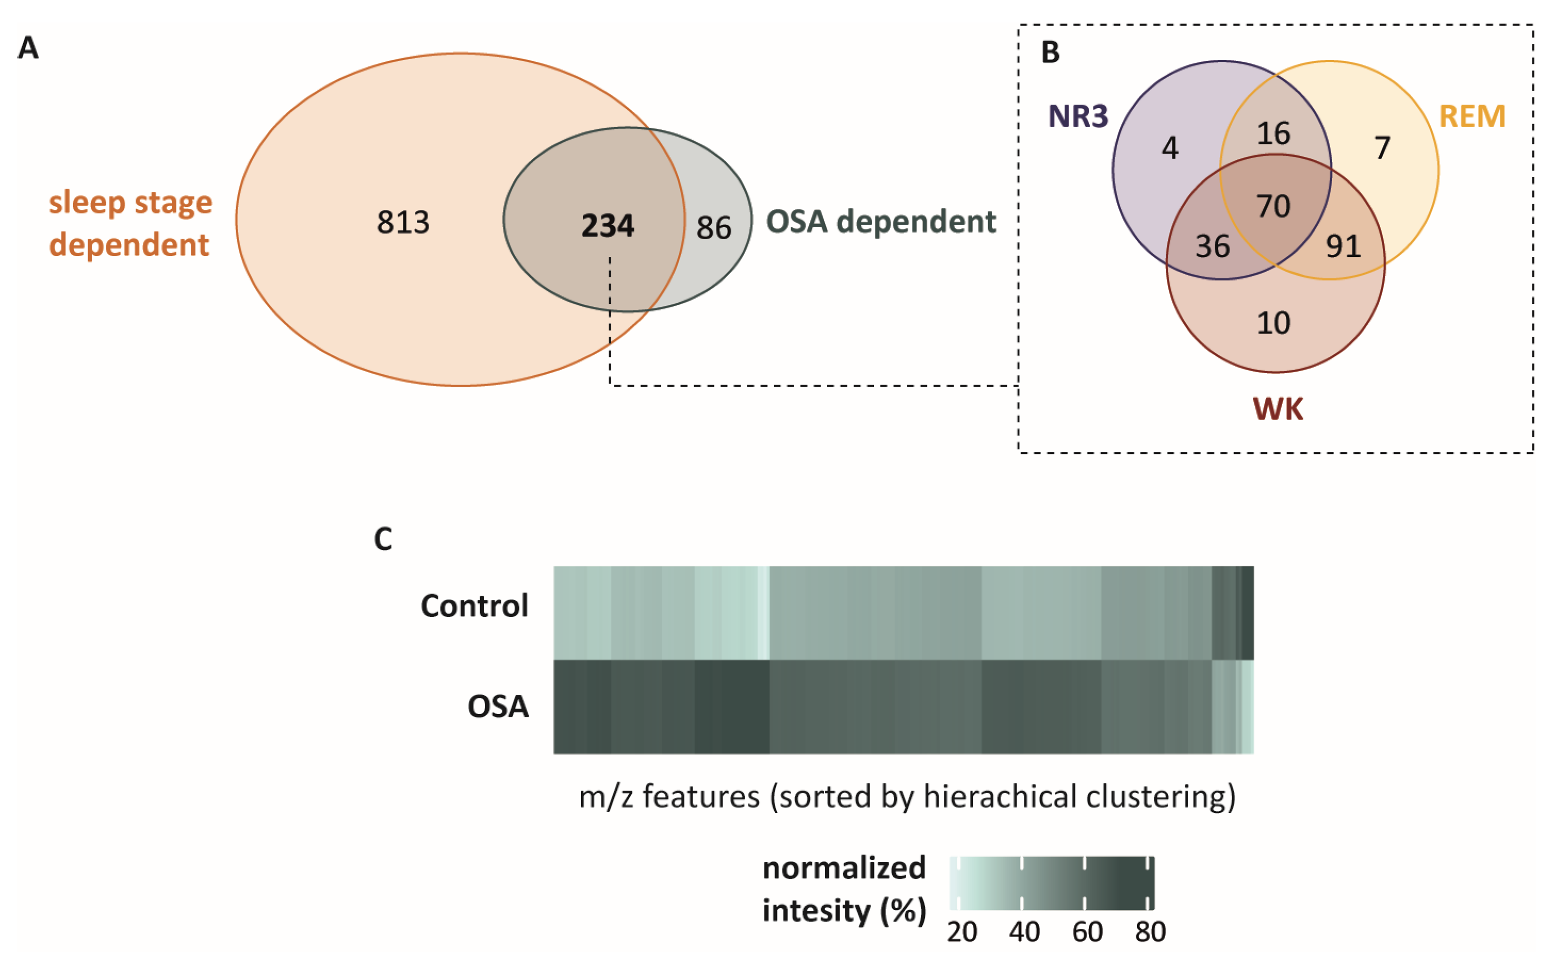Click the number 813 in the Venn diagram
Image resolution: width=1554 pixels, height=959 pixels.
click(403, 223)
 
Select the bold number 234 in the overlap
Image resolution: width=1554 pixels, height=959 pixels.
click(608, 226)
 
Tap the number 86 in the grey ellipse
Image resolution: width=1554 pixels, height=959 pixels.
click(713, 228)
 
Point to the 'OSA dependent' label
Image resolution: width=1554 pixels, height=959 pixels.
click(881, 222)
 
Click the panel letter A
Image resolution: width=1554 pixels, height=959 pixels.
click(28, 48)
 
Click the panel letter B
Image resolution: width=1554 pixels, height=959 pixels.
click(1050, 53)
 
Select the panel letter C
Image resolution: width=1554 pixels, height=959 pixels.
click(383, 539)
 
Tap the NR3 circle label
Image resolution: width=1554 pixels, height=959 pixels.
click(1078, 116)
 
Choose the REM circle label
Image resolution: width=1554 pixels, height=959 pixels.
click(1472, 116)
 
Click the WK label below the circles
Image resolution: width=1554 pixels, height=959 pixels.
click(1278, 409)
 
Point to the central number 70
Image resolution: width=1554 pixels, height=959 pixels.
click(1273, 207)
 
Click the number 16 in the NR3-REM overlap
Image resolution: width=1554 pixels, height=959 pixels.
click(1273, 134)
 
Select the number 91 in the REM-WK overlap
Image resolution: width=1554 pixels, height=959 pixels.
click(1343, 246)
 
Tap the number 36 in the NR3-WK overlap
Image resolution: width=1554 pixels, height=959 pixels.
click(1212, 246)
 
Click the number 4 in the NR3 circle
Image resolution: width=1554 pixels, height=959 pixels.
click(1170, 149)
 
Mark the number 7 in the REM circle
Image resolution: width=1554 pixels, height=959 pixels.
click(1382, 149)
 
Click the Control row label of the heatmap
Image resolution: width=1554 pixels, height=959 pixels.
click(474, 606)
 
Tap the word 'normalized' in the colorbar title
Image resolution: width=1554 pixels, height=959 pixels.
click(844, 868)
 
